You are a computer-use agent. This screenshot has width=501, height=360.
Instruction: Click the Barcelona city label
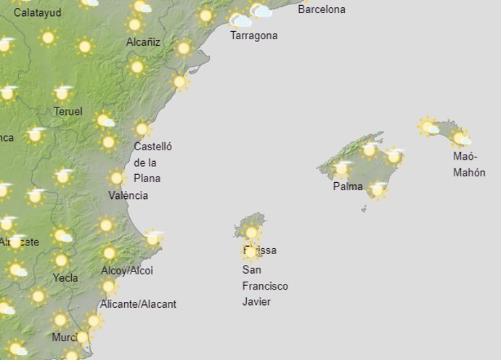pos(322,10)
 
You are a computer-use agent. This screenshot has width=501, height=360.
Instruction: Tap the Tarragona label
pos(253,36)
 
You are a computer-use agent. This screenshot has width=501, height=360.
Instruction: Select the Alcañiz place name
pos(143,43)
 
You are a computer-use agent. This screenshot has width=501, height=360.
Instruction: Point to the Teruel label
pos(68,112)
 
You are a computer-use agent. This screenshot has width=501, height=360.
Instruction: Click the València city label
pos(128,195)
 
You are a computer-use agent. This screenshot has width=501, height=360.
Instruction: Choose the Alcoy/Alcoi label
pos(127,271)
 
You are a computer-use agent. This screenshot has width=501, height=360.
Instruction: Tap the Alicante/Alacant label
pos(138,304)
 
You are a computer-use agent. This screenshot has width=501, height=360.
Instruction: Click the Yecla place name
pos(65,277)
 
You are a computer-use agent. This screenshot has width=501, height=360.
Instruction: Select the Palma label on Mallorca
pos(348,187)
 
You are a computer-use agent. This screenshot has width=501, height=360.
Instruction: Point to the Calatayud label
pos(38,13)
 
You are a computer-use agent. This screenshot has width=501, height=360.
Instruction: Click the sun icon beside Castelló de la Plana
pos(142,129)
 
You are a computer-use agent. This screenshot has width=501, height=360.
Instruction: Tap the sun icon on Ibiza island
pos(251,233)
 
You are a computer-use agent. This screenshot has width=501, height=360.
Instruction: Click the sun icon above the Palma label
pos(341,168)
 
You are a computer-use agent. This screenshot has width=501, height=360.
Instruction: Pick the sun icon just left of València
pos(116,178)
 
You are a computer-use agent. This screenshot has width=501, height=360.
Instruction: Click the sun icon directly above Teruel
pos(62,93)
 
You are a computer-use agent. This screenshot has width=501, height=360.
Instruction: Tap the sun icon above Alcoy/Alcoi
pos(109,253)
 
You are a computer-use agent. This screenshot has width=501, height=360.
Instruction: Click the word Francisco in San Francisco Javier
pos(265,286)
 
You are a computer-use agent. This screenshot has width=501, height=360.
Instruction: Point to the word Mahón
pos(469,173)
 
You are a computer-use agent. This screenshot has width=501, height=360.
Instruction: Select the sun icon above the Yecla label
pos(61,260)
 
